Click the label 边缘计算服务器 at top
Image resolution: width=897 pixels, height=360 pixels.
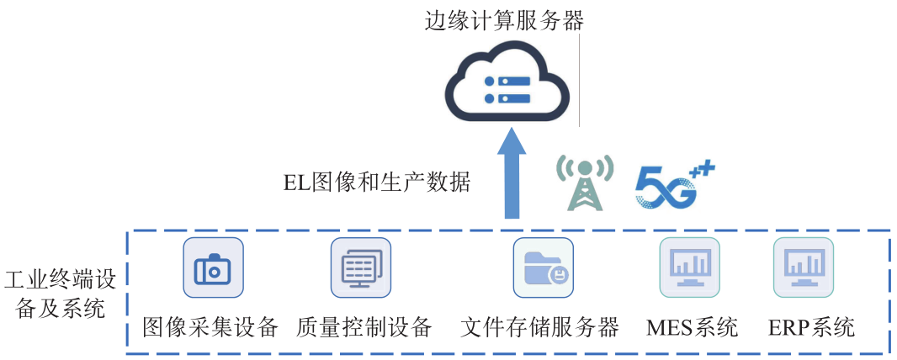[504, 19]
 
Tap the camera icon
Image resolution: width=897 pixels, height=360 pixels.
[213, 267]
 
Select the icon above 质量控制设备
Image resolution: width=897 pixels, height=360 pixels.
[361, 267]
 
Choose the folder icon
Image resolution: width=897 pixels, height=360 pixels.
[544, 267]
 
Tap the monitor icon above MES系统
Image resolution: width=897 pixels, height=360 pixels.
[690, 267]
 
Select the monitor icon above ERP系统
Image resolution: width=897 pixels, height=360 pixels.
[804, 267]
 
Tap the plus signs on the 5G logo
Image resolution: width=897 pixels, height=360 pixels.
[702, 172]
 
